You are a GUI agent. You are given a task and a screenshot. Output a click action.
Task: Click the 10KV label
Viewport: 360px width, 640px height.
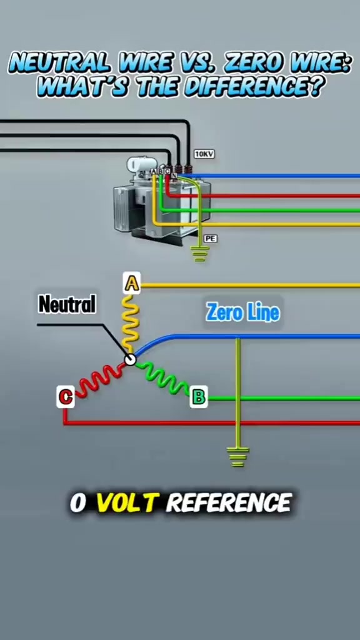tap(204, 154)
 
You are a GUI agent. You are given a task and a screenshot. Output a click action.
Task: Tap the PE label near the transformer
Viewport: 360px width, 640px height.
tap(210, 238)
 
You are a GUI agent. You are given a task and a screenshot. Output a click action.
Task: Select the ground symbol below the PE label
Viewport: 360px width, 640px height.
tap(199, 254)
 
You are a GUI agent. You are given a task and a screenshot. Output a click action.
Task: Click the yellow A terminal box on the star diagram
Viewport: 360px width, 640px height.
tap(131, 283)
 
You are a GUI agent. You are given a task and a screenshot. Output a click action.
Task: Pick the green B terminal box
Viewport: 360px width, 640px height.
tap(199, 396)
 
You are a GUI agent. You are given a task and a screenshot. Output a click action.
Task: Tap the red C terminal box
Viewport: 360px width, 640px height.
tap(65, 397)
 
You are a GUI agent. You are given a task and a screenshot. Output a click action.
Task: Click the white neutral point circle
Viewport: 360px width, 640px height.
tap(130, 359)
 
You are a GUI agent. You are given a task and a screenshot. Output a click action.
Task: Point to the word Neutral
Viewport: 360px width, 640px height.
tap(67, 304)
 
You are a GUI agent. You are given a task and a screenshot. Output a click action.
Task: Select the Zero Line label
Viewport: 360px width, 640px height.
tap(243, 312)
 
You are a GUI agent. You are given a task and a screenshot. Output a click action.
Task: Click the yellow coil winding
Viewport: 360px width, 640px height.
tap(131, 323)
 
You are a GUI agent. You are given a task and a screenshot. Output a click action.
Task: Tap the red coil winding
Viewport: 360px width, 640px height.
tap(100, 379)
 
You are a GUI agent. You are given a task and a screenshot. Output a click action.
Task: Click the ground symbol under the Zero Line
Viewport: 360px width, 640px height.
tap(238, 457)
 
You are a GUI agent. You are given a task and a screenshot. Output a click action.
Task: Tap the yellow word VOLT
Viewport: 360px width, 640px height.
tap(126, 503)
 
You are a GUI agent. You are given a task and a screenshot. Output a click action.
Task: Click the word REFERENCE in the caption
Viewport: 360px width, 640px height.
tap(229, 503)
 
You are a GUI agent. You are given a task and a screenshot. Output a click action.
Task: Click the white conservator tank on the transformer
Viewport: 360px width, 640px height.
tap(135, 164)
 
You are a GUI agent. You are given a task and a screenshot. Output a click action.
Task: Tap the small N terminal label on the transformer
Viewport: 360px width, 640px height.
tap(174, 176)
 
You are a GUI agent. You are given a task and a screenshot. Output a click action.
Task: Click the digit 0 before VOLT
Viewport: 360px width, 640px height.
tap(79, 503)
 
